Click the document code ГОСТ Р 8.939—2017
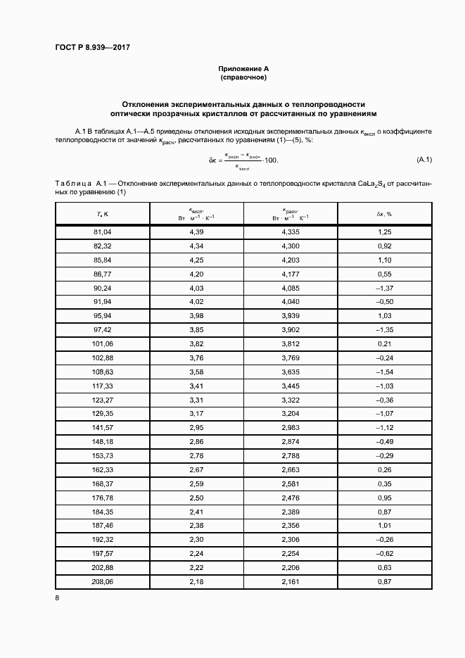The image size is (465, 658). click(93, 47)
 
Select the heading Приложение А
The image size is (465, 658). click(243, 68)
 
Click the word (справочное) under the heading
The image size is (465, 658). click(243, 77)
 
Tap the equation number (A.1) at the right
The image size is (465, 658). click(423, 160)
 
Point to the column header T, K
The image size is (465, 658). click(103, 213)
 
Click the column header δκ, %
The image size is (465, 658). click(383, 213)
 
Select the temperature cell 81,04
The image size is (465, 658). click(103, 232)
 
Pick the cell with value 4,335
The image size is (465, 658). click(290, 232)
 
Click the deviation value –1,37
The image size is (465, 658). click(383, 288)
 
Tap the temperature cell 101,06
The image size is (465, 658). click(103, 344)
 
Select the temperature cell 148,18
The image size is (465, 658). click(103, 441)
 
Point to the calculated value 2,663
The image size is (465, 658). click(290, 469)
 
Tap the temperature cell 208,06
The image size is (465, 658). click(103, 582)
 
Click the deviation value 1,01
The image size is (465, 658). click(383, 525)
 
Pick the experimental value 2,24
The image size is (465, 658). click(196, 554)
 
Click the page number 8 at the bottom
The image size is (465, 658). click(57, 598)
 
